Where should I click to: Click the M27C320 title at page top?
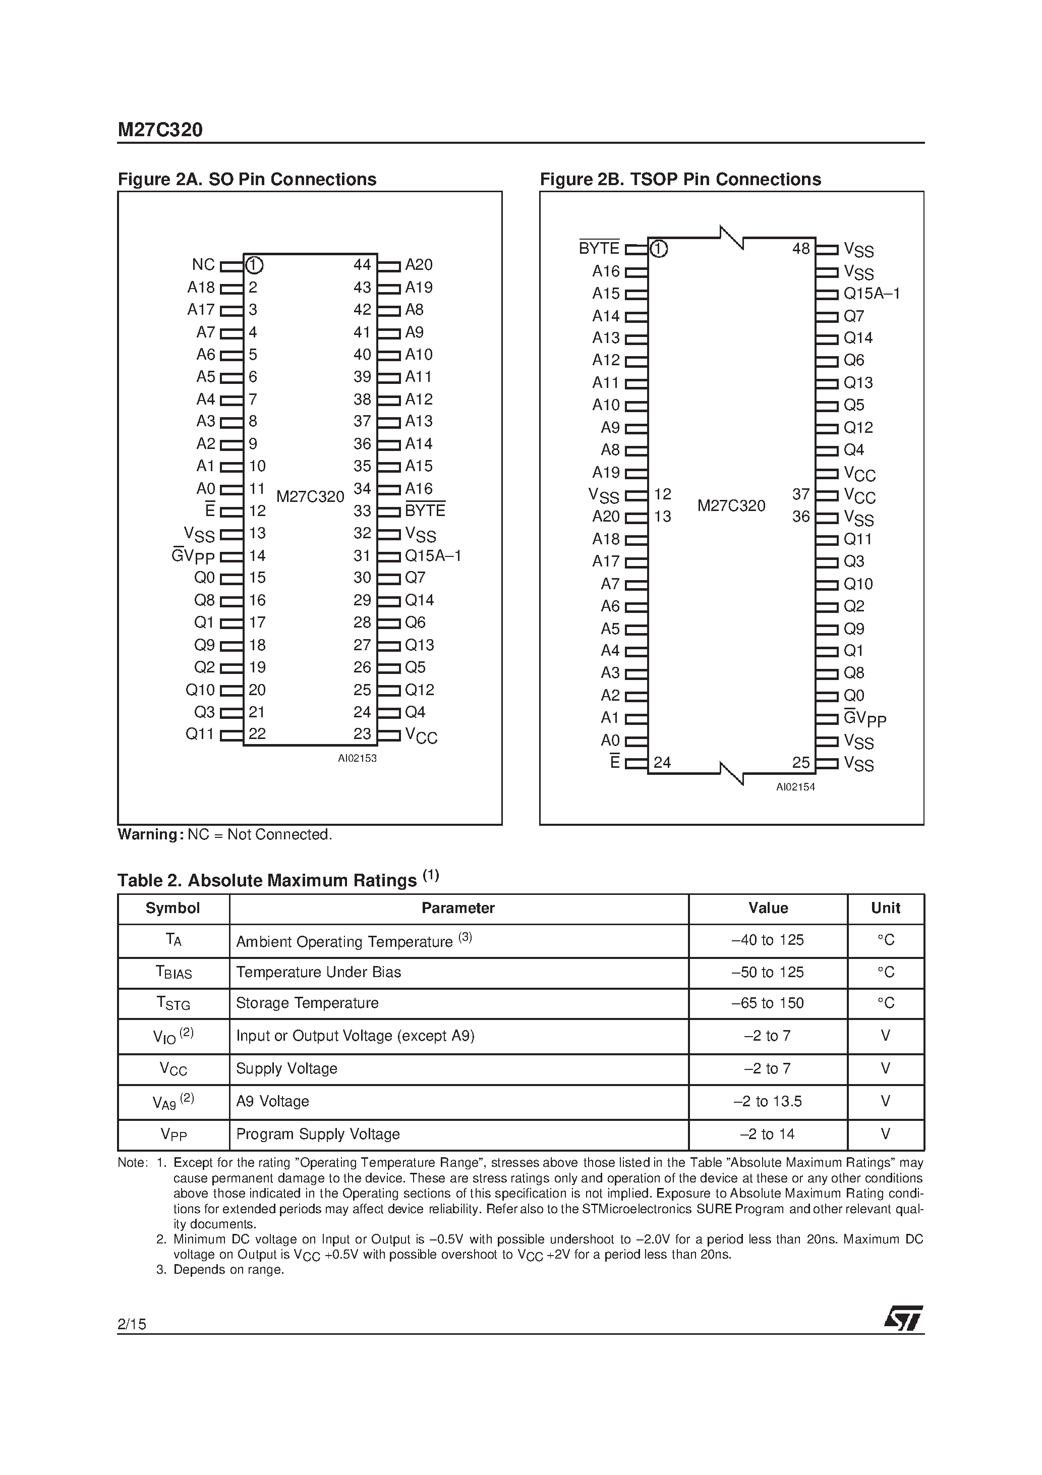click(x=160, y=131)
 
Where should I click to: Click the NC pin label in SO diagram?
click(x=203, y=265)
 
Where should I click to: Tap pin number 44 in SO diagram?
click(x=362, y=265)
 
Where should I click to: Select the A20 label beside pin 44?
click(x=419, y=265)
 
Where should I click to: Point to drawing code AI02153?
click(x=357, y=758)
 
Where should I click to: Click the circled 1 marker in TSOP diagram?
click(x=659, y=249)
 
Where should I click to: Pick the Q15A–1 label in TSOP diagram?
click(x=871, y=294)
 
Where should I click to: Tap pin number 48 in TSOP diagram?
click(x=800, y=249)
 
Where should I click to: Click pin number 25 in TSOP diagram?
click(x=800, y=763)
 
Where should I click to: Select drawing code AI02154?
click(x=795, y=787)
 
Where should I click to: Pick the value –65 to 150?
click(x=768, y=1003)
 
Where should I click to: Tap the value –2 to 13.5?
click(x=768, y=1101)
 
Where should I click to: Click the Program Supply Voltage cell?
click(x=318, y=1134)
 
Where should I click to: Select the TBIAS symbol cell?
click(x=173, y=973)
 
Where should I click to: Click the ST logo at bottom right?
click(x=903, y=1318)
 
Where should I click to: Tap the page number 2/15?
click(x=132, y=1323)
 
